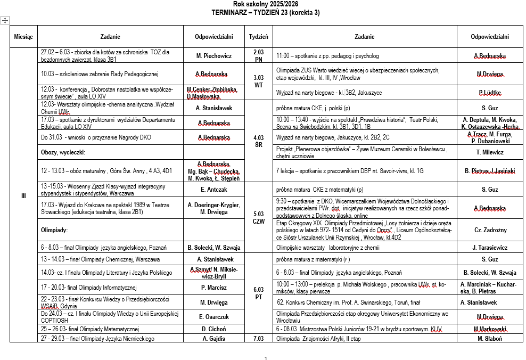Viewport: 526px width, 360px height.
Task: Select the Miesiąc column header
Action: [23, 37]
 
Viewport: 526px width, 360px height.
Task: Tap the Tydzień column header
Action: [259, 37]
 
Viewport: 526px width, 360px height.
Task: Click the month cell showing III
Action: [23, 196]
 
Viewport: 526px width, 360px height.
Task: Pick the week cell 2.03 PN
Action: [259, 55]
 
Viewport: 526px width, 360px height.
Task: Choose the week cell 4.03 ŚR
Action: [259, 141]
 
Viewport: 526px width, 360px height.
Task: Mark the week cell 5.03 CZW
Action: [259, 217]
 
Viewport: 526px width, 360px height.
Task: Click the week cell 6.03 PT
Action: [259, 293]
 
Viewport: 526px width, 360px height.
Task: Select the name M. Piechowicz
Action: [213, 55]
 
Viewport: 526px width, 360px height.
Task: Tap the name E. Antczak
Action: [213, 189]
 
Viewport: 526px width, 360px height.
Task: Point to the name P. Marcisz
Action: [213, 288]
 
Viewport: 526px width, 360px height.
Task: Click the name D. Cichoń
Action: [213, 329]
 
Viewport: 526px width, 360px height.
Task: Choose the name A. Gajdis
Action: [213, 338]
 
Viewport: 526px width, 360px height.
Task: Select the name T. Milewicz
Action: [490, 152]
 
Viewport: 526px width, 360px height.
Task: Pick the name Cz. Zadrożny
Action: [490, 230]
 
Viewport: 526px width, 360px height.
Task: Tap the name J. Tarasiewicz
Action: [490, 247]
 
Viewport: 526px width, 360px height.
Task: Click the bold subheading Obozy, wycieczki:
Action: [63, 152]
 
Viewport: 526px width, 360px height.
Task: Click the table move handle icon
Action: [5, 20]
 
